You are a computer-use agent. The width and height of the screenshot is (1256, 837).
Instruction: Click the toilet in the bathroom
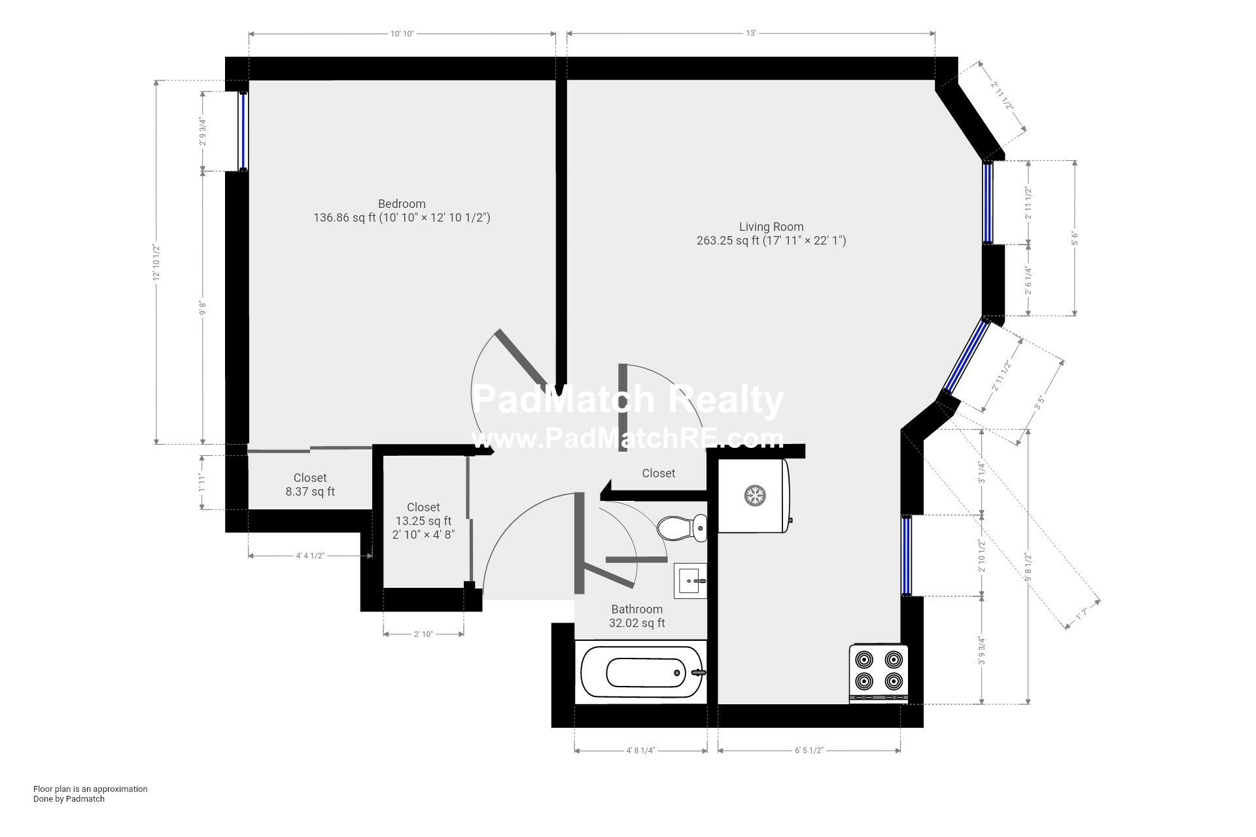click(x=682, y=527)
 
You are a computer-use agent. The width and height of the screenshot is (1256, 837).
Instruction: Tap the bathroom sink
click(x=690, y=580)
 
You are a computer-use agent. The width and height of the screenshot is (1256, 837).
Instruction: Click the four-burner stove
click(x=878, y=673)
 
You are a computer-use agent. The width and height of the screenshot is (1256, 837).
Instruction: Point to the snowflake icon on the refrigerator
click(x=755, y=495)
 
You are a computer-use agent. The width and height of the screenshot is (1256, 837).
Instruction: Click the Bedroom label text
click(x=402, y=204)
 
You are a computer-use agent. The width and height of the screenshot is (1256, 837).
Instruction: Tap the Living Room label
click(x=771, y=227)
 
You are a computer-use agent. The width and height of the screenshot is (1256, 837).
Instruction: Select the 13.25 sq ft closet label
click(x=423, y=521)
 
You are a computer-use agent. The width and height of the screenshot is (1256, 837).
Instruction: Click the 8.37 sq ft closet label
click(x=310, y=485)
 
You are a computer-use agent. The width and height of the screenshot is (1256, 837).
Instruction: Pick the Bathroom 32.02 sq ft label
click(x=637, y=616)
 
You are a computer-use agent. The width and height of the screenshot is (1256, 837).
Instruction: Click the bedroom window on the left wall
click(x=243, y=131)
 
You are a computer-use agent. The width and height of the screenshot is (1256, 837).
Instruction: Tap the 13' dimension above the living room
click(x=750, y=34)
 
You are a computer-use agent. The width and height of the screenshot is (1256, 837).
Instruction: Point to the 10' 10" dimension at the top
click(x=402, y=34)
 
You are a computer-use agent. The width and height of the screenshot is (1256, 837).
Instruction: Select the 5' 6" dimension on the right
click(x=1074, y=239)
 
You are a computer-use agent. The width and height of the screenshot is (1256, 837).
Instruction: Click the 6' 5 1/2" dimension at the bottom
click(x=809, y=751)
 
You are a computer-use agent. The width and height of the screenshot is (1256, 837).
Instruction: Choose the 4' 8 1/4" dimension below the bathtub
click(x=640, y=751)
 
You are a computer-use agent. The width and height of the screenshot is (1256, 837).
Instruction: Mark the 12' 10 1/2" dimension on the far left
click(x=156, y=262)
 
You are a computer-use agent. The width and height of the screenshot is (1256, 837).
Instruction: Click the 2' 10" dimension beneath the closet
click(x=423, y=634)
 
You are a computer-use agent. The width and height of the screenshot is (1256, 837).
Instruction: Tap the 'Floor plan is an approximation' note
click(x=90, y=789)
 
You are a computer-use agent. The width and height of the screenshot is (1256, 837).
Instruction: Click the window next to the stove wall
click(x=906, y=556)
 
